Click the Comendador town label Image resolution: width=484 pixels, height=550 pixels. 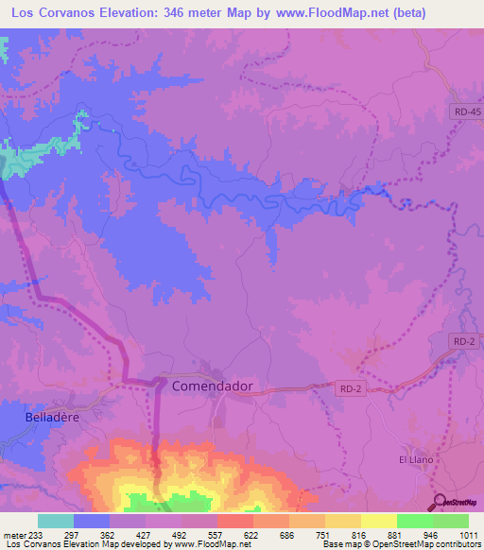point(212,387)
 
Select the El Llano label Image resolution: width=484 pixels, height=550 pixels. point(415,459)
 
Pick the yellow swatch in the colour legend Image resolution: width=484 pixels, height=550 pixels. point(378,521)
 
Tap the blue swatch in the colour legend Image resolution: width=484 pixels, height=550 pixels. point(92,521)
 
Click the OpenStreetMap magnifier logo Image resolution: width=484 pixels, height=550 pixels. point(437,503)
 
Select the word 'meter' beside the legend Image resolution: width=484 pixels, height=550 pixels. point(14,535)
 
